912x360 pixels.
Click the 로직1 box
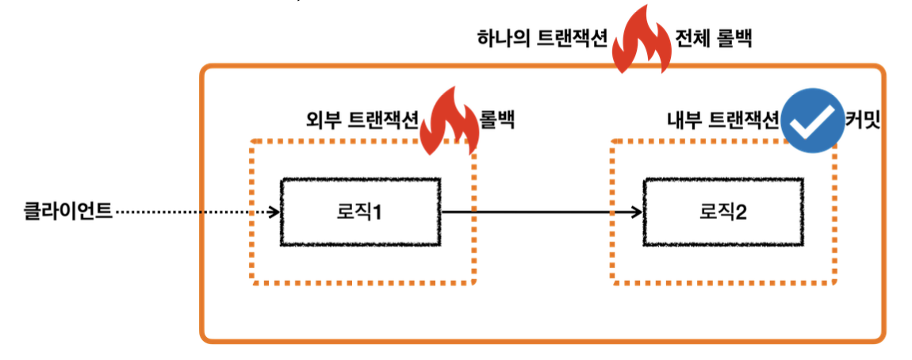[x=360, y=212]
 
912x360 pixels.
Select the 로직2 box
[x=721, y=212]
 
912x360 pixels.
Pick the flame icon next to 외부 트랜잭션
[x=449, y=121]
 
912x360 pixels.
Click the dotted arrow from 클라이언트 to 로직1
[x=194, y=212]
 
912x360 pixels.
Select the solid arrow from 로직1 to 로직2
[x=539, y=212]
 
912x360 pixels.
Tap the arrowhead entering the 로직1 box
[x=274, y=212]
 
